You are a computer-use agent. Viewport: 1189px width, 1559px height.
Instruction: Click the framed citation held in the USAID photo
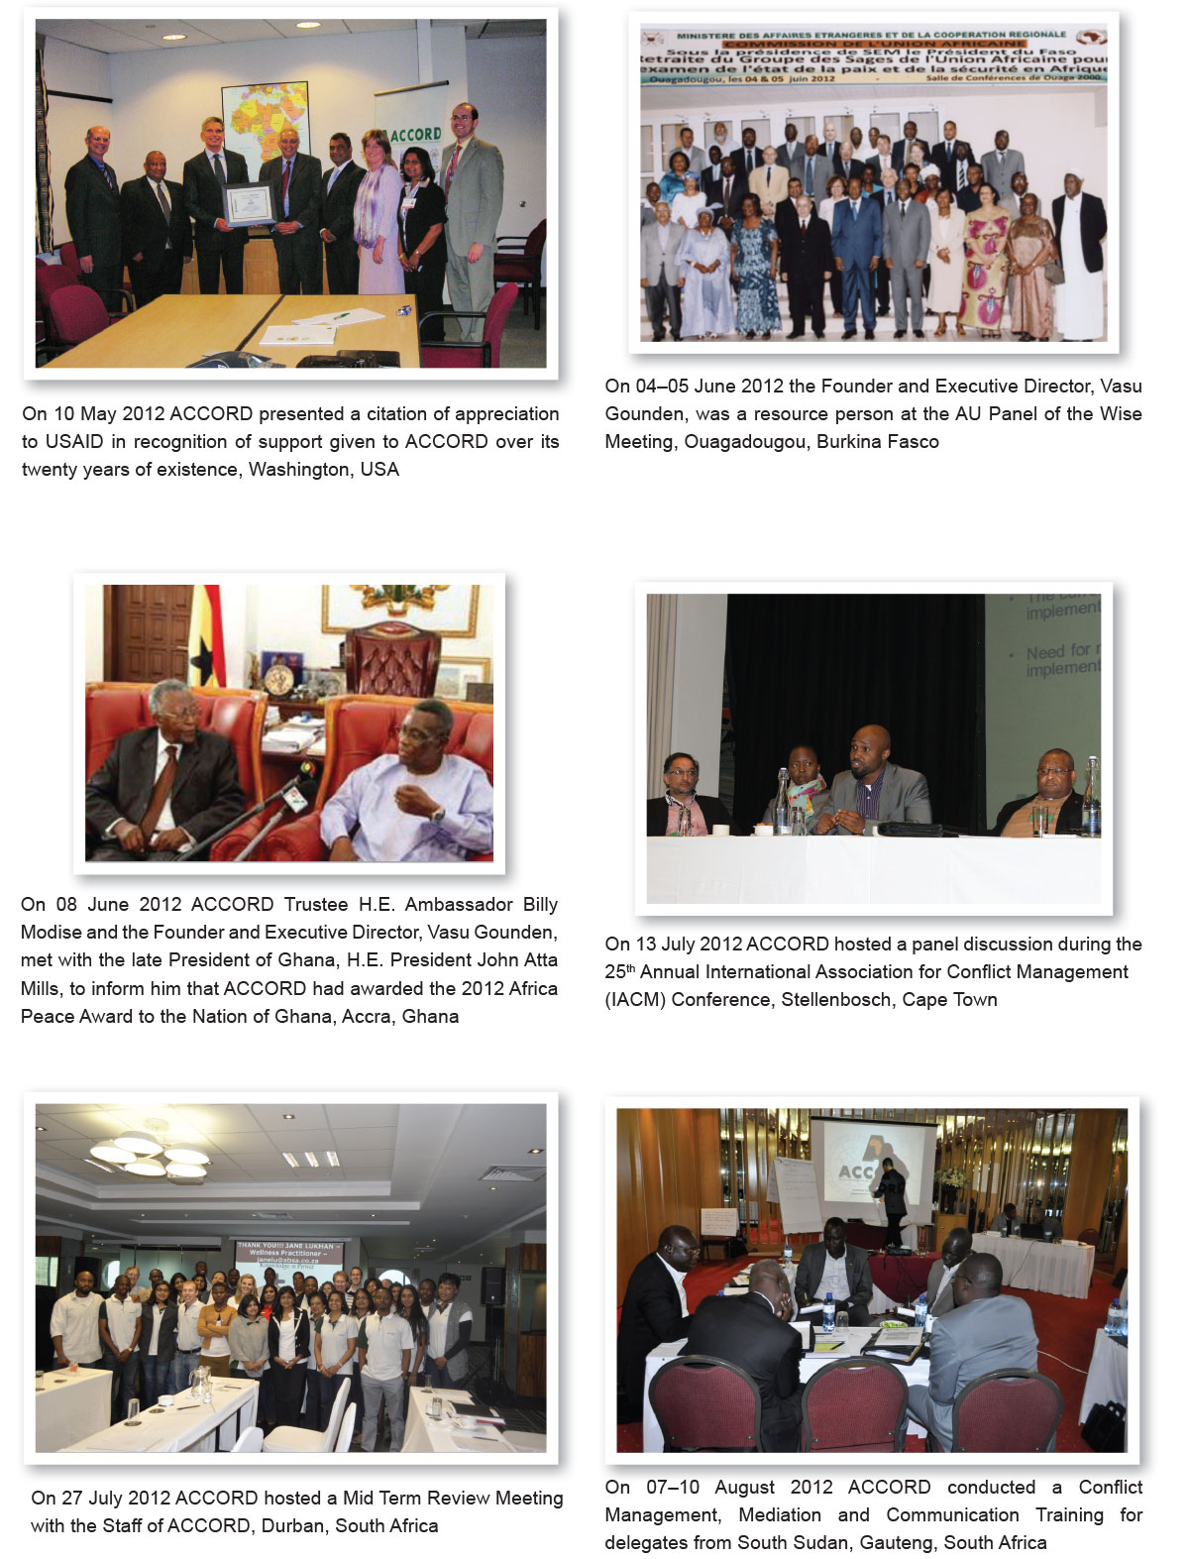[x=247, y=203]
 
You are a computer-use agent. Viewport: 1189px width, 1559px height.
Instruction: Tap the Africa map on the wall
[x=266, y=119]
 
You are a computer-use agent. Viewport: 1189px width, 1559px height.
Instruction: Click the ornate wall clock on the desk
[x=278, y=679]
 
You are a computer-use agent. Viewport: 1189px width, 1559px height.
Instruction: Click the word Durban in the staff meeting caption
[x=291, y=1525]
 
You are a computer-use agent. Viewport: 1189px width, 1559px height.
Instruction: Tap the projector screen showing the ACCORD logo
[x=872, y=1169]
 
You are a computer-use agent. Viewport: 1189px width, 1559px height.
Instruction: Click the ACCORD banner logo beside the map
[x=414, y=134]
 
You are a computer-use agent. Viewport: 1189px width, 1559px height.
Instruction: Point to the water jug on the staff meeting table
[x=201, y=1383]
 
